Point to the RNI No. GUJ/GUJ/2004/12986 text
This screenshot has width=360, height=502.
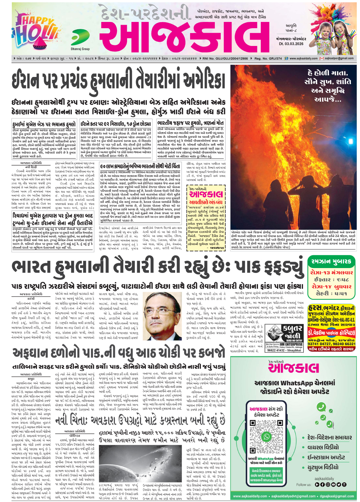point(226,58)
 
